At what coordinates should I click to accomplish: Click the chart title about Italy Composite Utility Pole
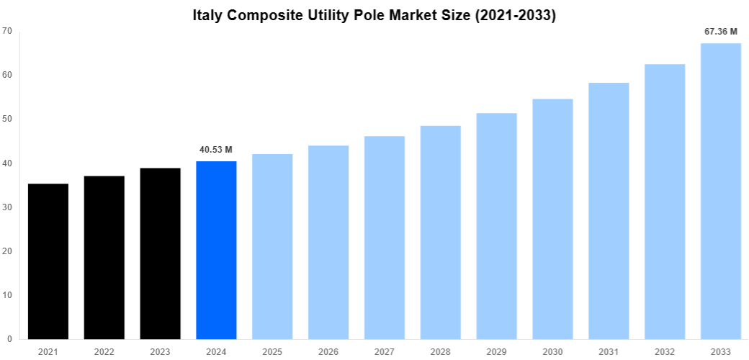coord(374,15)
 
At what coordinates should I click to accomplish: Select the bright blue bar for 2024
coord(216,250)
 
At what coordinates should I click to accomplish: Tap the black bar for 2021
coord(48,261)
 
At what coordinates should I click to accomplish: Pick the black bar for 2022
coord(104,257)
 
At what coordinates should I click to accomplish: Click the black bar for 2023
coord(160,253)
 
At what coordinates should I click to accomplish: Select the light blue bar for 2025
coord(272,246)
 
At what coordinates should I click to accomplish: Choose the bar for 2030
coord(552,219)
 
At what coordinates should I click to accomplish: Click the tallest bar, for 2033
coord(720,191)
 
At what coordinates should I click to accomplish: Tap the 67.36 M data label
coord(720,32)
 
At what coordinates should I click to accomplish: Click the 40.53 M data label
coord(216,150)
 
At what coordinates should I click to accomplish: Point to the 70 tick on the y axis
coord(7,31)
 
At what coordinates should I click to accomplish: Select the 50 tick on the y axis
coord(7,119)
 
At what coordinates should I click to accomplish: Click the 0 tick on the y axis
coord(9,339)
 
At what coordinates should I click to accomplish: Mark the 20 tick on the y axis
coord(7,251)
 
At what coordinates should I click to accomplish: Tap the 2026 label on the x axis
coord(328,351)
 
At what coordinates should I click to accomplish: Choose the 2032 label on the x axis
coord(665,351)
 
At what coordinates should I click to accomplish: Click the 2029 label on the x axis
coord(496,351)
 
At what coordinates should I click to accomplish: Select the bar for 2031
coord(609,211)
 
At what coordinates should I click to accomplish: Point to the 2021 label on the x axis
coord(48,351)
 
